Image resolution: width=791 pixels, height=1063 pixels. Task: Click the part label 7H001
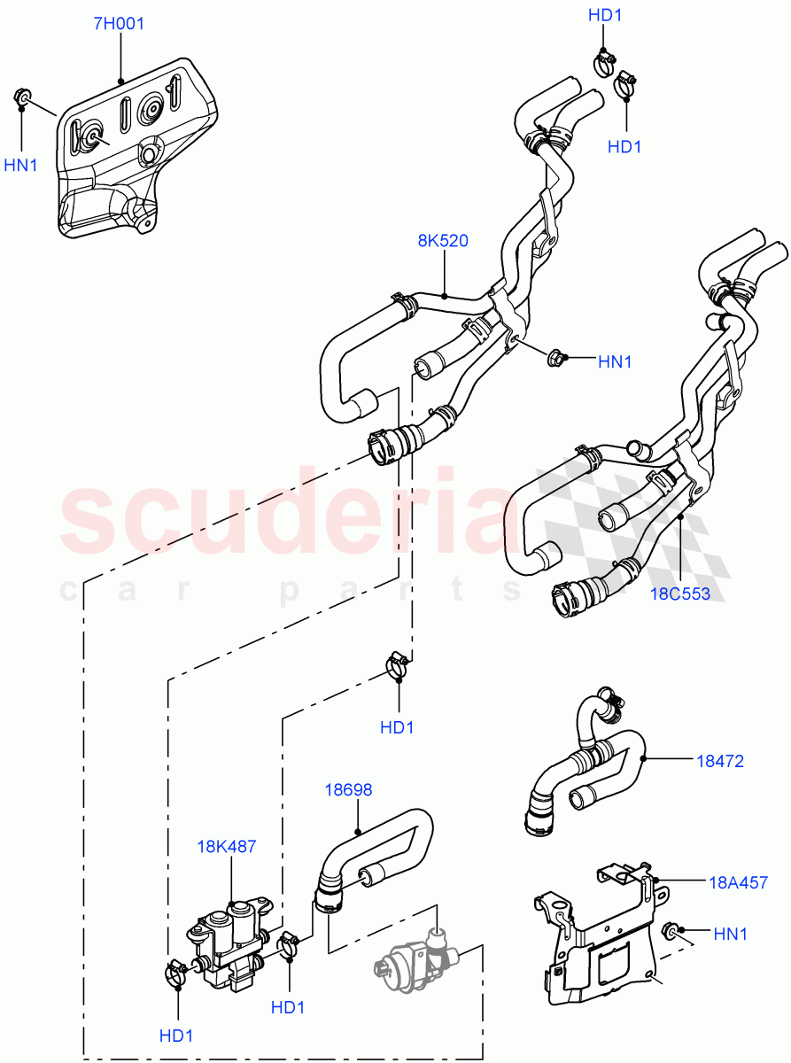click(119, 23)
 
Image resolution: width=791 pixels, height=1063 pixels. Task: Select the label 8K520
click(443, 240)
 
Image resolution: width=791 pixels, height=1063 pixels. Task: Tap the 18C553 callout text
click(680, 594)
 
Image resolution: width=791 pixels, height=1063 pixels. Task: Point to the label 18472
click(719, 760)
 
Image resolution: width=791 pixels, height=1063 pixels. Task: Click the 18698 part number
click(348, 789)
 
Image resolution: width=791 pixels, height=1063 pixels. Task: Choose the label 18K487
click(227, 846)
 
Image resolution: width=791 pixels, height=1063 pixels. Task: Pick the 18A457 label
click(737, 881)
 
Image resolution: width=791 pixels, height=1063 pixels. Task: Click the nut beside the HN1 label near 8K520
click(557, 359)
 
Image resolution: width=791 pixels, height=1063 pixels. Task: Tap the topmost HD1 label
click(605, 14)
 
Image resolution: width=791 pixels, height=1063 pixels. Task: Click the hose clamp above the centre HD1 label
click(397, 664)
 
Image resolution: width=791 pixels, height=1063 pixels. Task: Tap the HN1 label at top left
click(21, 164)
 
